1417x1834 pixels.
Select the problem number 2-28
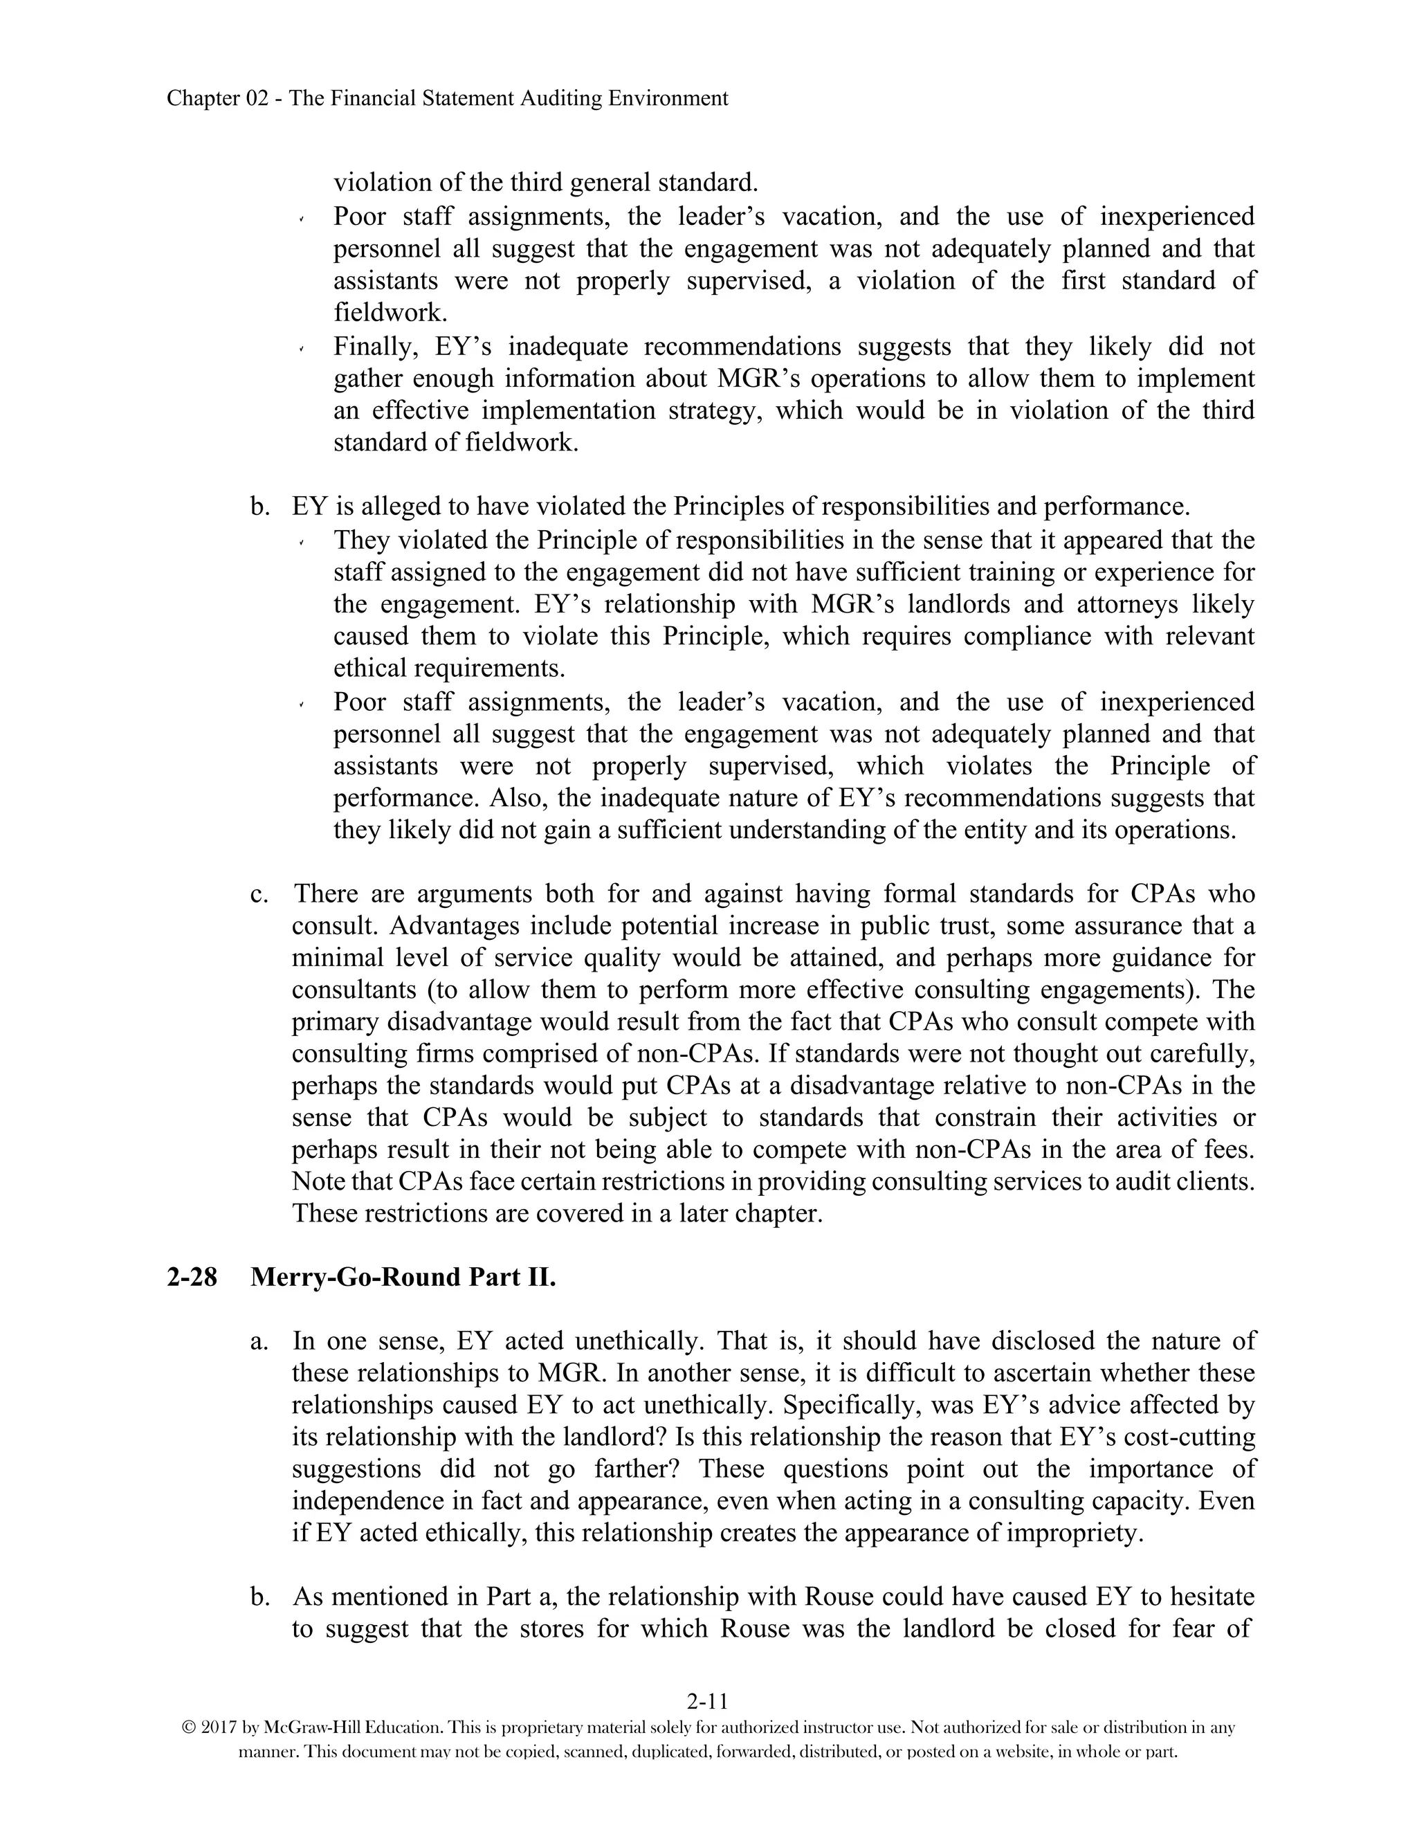pos(192,1278)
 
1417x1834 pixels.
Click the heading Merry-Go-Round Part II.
pos(403,1278)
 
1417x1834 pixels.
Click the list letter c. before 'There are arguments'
pos(259,893)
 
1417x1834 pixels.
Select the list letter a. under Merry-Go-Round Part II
pos(259,1341)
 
